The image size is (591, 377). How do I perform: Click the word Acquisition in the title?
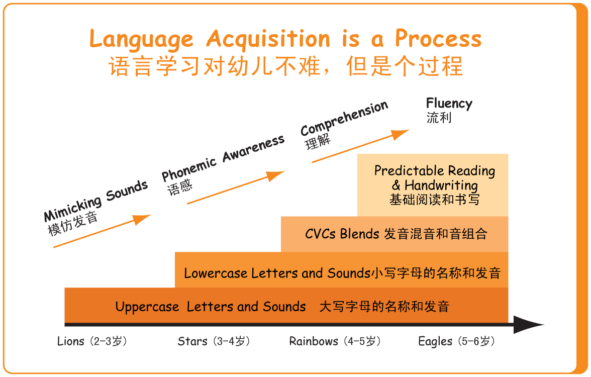click(268, 39)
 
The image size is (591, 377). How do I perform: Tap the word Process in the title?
click(438, 38)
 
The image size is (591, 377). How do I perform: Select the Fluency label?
click(449, 104)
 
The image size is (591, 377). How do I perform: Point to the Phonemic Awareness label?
click(223, 158)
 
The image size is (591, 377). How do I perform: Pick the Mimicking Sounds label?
click(95, 201)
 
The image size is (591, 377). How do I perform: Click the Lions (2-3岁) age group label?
click(92, 342)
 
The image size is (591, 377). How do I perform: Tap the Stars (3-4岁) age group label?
click(214, 342)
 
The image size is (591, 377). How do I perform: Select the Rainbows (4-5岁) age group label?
click(335, 342)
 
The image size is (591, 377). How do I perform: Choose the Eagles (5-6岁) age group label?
click(456, 342)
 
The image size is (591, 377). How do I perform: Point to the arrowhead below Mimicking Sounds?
click(142, 219)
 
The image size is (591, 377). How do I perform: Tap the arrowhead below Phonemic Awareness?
click(275, 176)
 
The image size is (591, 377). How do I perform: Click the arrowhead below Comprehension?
click(400, 134)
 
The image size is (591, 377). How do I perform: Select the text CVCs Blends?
click(342, 234)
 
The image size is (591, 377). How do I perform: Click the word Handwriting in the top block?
click(441, 185)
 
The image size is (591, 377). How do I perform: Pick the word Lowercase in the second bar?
click(215, 273)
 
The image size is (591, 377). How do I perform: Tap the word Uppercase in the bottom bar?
click(147, 307)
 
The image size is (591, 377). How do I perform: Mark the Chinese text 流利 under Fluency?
click(439, 118)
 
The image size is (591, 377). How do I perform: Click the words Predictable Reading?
click(435, 171)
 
